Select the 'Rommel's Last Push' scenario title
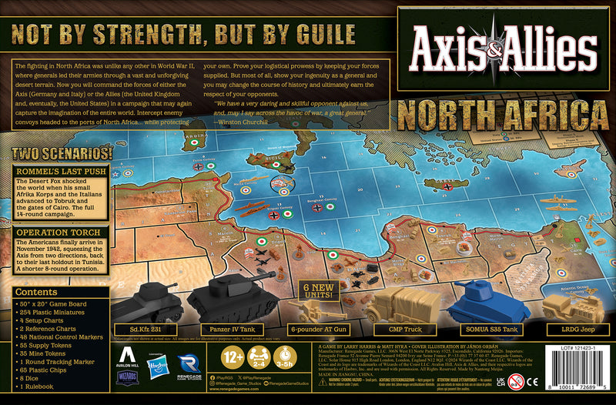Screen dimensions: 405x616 (x=54, y=170)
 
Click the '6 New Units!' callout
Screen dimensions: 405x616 (x=317, y=290)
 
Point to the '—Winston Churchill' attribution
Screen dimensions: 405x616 (x=243, y=122)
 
